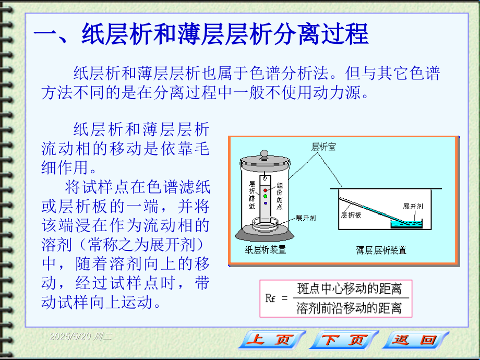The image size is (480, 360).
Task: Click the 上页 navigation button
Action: pyautogui.click(x=272, y=340)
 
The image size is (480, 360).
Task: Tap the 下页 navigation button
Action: pyautogui.click(x=344, y=340)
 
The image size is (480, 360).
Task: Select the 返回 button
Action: pyautogui.click(x=415, y=340)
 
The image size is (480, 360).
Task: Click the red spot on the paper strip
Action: pyautogui.click(x=265, y=190)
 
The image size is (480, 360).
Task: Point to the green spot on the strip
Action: pyautogui.click(x=265, y=196)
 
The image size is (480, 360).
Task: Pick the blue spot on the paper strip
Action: pyautogui.click(x=266, y=203)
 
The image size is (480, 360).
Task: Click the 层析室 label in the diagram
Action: pyautogui.click(x=323, y=147)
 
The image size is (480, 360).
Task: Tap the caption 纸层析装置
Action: pyautogui.click(x=266, y=249)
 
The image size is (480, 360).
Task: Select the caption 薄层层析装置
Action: pyautogui.click(x=381, y=250)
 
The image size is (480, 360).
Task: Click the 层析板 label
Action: pyautogui.click(x=351, y=215)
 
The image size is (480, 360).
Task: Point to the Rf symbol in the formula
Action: pyautogui.click(x=270, y=298)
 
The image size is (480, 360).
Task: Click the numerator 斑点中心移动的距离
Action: pyautogui.click(x=349, y=289)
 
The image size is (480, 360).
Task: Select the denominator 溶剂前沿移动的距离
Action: pyautogui.click(x=349, y=308)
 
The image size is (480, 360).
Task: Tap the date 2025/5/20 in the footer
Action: pyautogui.click(x=70, y=337)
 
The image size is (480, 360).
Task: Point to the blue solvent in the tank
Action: pyautogui.click(x=406, y=225)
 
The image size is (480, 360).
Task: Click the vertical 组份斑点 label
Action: pyautogui.click(x=280, y=196)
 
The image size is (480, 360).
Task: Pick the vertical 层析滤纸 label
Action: pyautogui.click(x=252, y=195)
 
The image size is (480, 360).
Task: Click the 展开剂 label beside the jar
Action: pyautogui.click(x=306, y=218)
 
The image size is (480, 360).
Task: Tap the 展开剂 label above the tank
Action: pyautogui.click(x=413, y=206)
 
